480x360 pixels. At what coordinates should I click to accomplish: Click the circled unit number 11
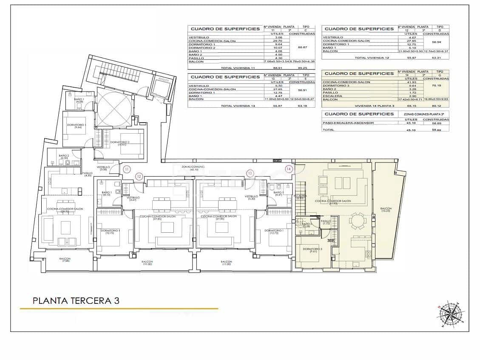[126, 169]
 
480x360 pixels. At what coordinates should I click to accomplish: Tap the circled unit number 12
[139, 176]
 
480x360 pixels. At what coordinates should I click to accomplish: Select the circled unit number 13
[250, 173]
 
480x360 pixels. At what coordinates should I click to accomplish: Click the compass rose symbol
[450, 315]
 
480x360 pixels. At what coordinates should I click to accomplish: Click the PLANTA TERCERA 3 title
[76, 300]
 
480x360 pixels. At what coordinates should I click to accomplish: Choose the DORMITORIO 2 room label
[120, 143]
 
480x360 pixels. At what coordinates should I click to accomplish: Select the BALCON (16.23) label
[386, 209]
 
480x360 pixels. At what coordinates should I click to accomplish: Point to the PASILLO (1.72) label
[326, 222]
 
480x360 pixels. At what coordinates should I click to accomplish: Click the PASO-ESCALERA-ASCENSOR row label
[347, 123]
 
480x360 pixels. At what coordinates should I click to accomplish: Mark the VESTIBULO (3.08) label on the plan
[103, 168]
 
